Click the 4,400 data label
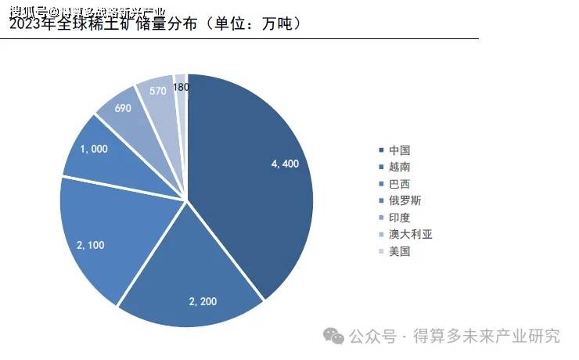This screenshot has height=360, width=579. click(x=286, y=164)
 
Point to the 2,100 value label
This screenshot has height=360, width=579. click(x=91, y=246)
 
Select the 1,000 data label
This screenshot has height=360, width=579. click(x=92, y=149)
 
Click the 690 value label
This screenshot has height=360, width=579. click(x=123, y=109)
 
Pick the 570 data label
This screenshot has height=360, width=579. click(x=157, y=91)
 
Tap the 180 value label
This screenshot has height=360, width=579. click(x=182, y=88)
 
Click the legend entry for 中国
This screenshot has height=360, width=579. click(x=400, y=149)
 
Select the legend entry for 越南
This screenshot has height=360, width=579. click(x=400, y=167)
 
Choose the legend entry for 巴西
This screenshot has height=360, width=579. click(x=400, y=184)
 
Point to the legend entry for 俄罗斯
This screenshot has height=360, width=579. click(x=405, y=200)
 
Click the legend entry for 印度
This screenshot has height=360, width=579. click(x=400, y=218)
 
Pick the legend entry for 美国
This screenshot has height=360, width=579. click(x=400, y=252)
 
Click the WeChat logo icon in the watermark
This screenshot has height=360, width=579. click(x=334, y=336)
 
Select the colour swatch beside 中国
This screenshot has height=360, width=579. click(x=381, y=149)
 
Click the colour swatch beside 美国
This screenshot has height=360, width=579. click(x=381, y=252)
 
